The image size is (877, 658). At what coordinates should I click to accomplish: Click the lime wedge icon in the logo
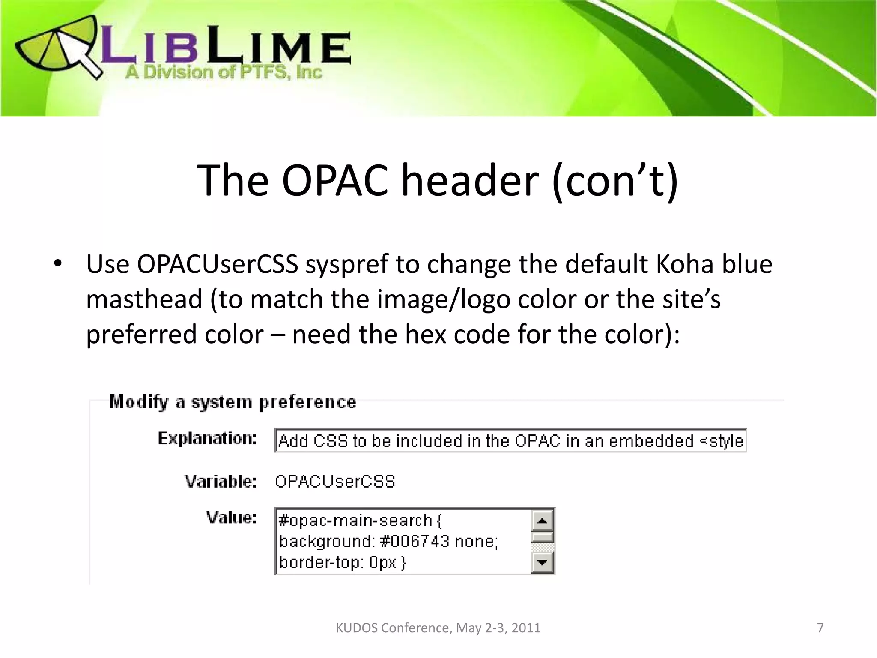pyautogui.click(x=51, y=47)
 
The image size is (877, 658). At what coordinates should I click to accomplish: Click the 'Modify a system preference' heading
pyautogui.click(x=233, y=402)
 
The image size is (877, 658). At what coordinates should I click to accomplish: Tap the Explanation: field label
pyautogui.click(x=207, y=439)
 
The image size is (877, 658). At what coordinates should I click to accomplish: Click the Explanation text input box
pyautogui.click(x=510, y=440)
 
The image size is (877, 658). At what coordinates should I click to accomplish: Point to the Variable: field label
pyautogui.click(x=221, y=482)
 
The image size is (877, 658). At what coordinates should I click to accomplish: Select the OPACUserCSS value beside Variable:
pyautogui.click(x=335, y=482)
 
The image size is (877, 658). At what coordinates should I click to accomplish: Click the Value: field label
pyautogui.click(x=231, y=518)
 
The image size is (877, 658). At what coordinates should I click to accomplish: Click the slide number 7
pyautogui.click(x=820, y=628)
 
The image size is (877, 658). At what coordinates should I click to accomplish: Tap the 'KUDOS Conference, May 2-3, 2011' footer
pyautogui.click(x=438, y=628)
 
